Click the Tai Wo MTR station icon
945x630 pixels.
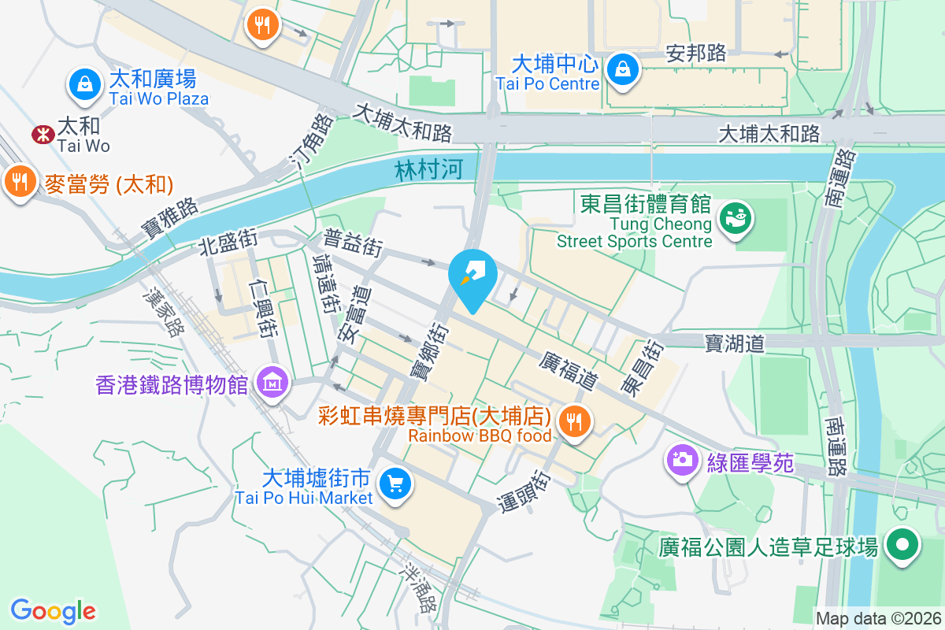point(40,135)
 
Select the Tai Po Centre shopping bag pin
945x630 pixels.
point(623,69)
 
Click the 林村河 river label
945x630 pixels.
point(428,169)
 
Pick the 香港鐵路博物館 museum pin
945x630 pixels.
point(272,384)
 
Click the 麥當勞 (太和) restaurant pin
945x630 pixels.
point(19,182)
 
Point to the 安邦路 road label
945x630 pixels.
point(695,53)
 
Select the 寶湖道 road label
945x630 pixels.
point(734,343)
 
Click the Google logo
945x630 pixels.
point(54,610)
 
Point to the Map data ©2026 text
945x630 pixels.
point(878,619)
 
